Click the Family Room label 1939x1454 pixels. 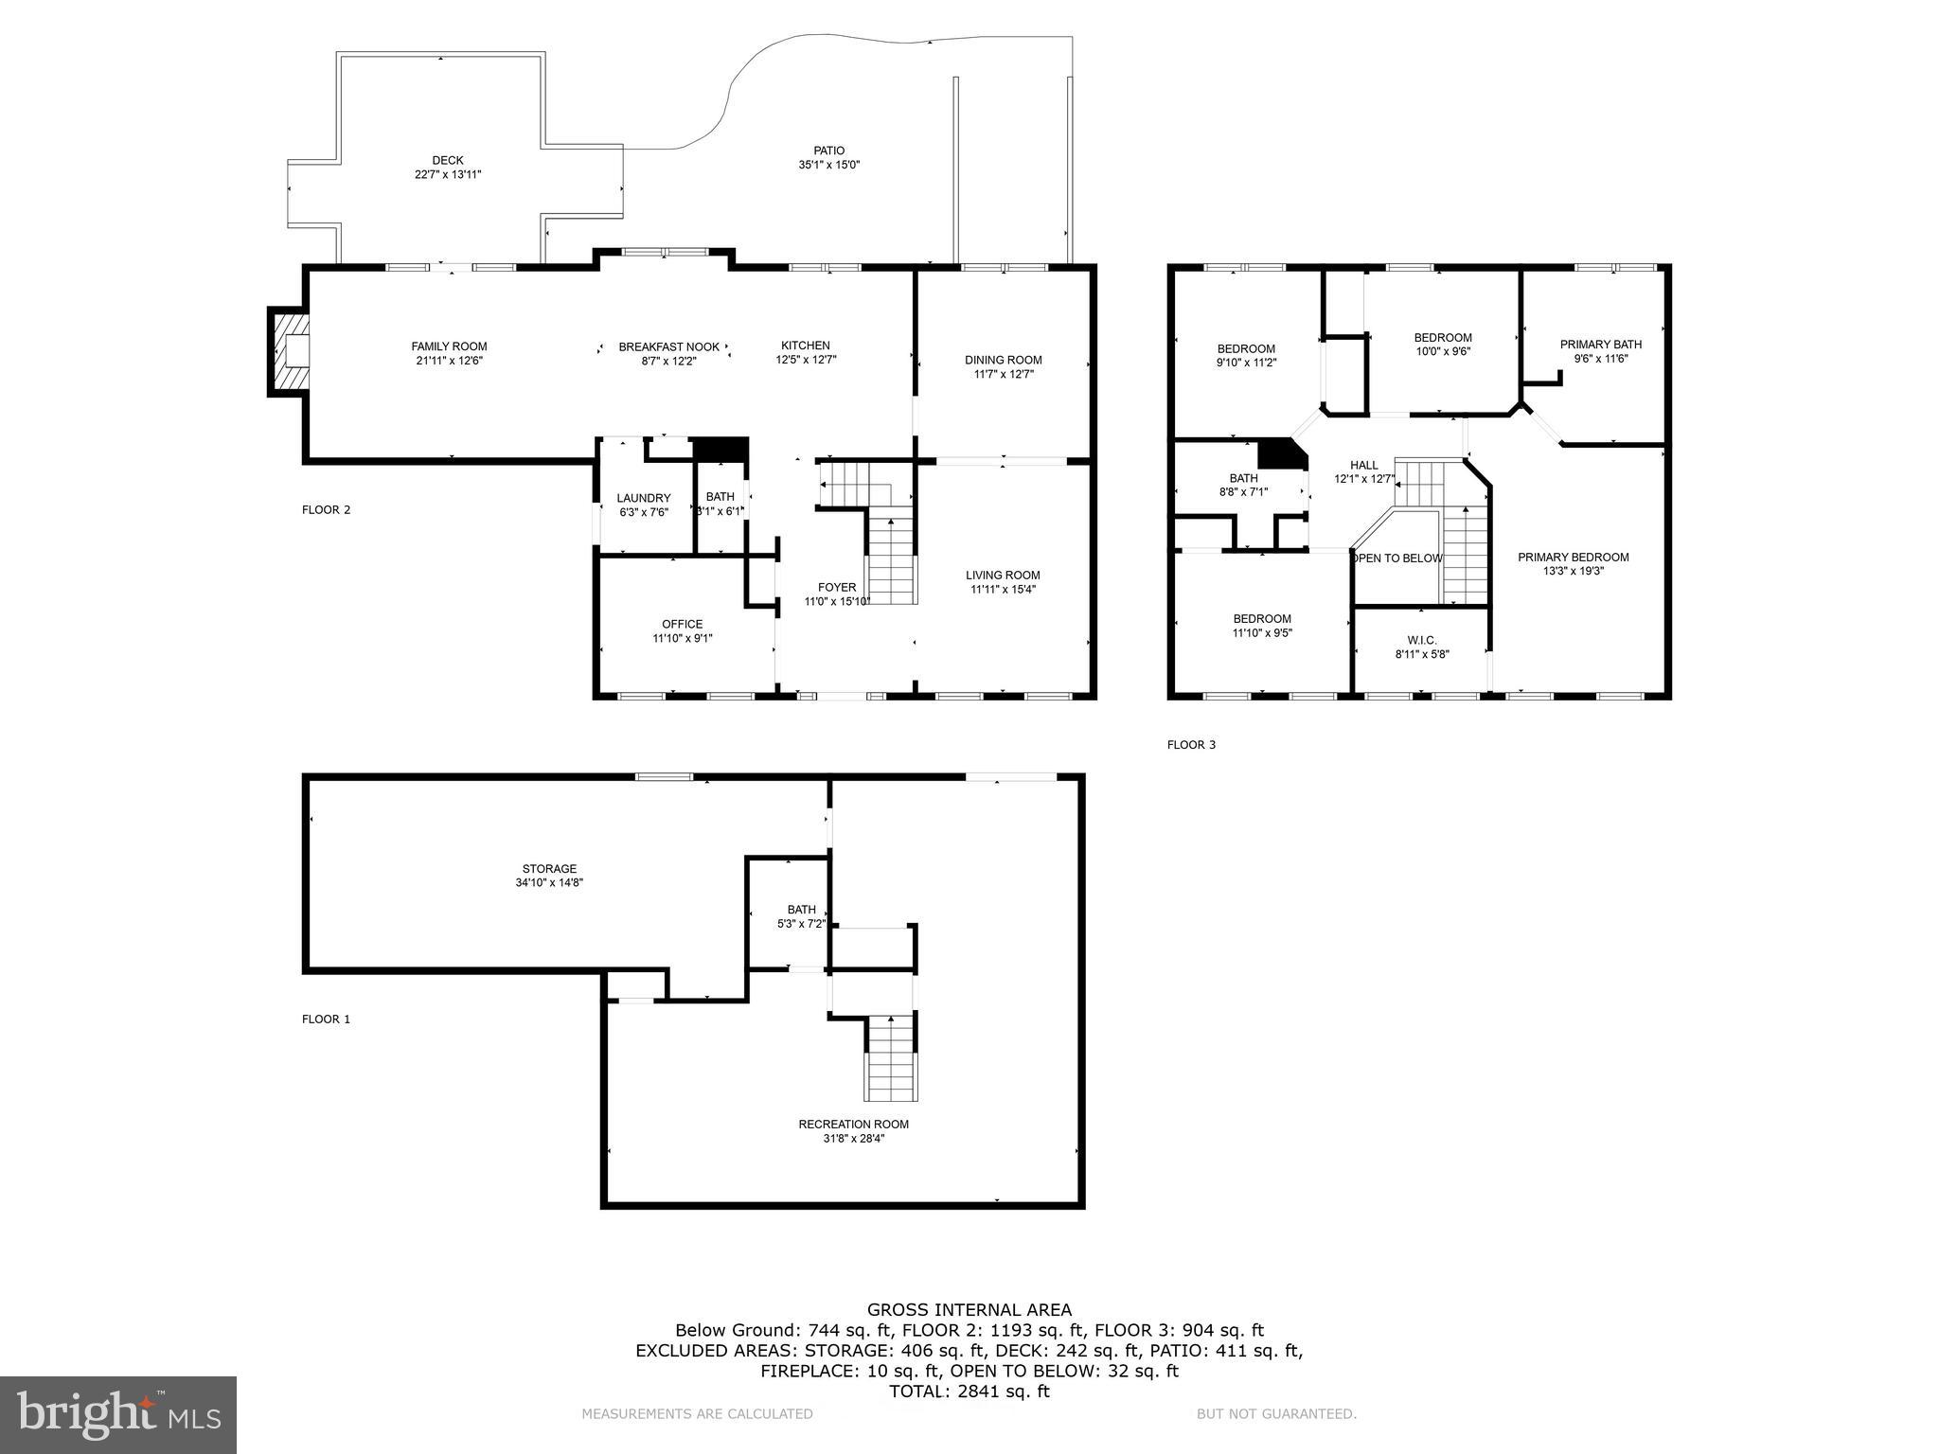click(x=449, y=346)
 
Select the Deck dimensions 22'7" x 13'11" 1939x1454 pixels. click(x=448, y=174)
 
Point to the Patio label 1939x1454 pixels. click(x=828, y=151)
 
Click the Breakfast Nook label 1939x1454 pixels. click(x=668, y=347)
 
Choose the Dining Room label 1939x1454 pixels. click(x=1003, y=360)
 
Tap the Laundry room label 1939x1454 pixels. click(x=643, y=498)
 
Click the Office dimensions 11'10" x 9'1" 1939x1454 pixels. click(x=682, y=638)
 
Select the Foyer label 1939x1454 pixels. click(x=837, y=587)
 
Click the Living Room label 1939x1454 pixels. click(x=1003, y=575)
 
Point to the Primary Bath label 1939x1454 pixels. click(x=1600, y=345)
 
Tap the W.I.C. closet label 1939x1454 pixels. click(x=1421, y=640)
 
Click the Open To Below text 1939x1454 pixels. click(x=1396, y=559)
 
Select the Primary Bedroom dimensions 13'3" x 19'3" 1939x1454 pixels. click(x=1573, y=571)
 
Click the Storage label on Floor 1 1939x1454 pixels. click(x=549, y=868)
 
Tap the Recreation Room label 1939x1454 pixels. click(x=853, y=1125)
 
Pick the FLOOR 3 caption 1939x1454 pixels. click(x=1190, y=745)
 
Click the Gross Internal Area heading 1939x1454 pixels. click(x=969, y=1310)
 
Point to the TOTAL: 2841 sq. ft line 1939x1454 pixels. click(x=969, y=1392)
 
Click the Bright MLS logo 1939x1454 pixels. click(x=118, y=1414)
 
